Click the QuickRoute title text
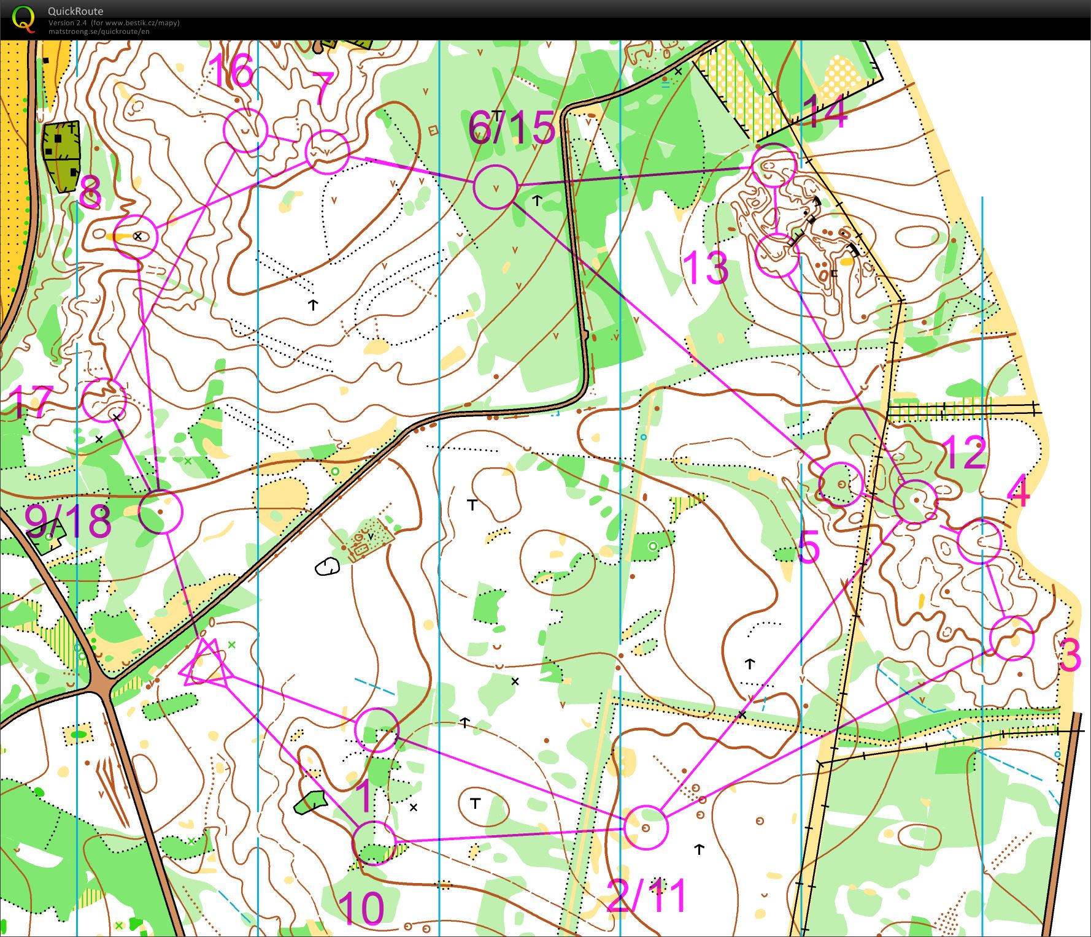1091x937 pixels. pyautogui.click(x=75, y=11)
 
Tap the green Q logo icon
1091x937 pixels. pyautogui.click(x=23, y=18)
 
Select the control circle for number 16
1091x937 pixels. pyautogui.click(x=245, y=131)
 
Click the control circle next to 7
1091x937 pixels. pyautogui.click(x=327, y=151)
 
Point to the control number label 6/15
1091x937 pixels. pyautogui.click(x=511, y=128)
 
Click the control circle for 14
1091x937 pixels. pyautogui.click(x=774, y=166)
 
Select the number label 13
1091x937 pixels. pyautogui.click(x=706, y=268)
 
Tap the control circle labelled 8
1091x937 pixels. pyautogui.click(x=136, y=237)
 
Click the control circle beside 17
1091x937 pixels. pyautogui.click(x=104, y=400)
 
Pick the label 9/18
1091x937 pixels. pyautogui.click(x=68, y=521)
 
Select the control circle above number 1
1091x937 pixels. pyautogui.click(x=377, y=730)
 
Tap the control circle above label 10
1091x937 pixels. pyautogui.click(x=374, y=843)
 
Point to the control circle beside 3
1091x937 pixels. pyautogui.click(x=1012, y=638)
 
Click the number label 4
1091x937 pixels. pyautogui.click(x=1018, y=492)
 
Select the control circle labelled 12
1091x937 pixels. pyautogui.click(x=916, y=502)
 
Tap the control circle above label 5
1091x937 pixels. pyautogui.click(x=841, y=484)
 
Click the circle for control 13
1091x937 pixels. pyautogui.click(x=777, y=256)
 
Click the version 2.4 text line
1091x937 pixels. pyautogui.click(x=114, y=23)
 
